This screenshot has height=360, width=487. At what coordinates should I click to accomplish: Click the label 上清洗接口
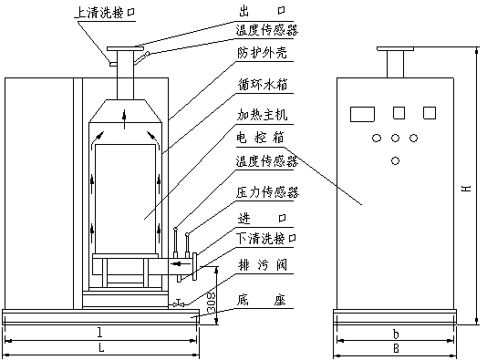(106, 13)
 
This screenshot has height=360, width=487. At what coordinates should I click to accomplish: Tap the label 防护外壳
(262, 53)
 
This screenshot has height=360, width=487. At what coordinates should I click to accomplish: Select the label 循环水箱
(263, 85)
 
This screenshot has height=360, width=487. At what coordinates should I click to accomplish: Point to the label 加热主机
(263, 115)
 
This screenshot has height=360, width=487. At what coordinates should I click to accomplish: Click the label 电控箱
(260, 138)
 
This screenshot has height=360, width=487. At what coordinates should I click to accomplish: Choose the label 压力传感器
(267, 192)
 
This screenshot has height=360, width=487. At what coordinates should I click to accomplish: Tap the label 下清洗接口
(266, 239)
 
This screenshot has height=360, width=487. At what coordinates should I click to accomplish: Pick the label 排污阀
(263, 265)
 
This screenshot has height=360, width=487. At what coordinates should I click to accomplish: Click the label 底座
(262, 300)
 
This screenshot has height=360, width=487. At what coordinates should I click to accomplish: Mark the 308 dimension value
(212, 303)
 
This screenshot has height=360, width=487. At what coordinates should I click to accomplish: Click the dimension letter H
(466, 189)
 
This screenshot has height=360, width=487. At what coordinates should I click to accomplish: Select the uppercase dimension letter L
(101, 348)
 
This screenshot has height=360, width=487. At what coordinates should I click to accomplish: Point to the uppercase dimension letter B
(396, 348)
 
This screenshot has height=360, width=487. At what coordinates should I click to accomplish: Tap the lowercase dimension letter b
(396, 334)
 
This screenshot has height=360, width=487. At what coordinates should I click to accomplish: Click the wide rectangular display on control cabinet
(362, 114)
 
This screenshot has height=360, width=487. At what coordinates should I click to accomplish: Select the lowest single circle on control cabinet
(396, 161)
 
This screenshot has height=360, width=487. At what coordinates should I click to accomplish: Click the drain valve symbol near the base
(179, 303)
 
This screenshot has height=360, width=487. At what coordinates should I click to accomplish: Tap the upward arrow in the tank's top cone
(125, 119)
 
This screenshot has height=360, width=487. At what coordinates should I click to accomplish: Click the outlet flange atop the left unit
(126, 48)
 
